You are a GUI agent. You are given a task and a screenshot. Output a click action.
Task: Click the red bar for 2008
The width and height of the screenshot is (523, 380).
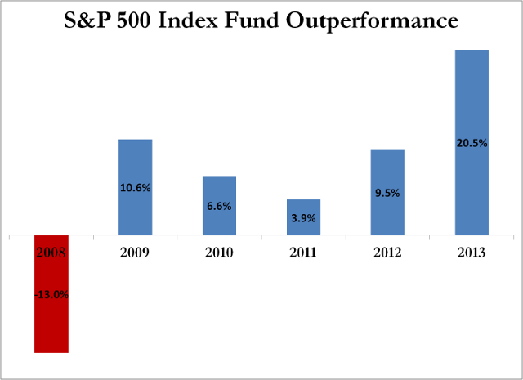point(51,327)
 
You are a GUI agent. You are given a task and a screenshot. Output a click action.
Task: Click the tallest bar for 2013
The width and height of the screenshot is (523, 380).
point(472,98)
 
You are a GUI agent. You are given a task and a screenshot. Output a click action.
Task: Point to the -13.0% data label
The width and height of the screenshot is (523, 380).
point(51,294)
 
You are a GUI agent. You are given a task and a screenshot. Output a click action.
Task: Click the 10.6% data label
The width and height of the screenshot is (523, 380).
point(136,187)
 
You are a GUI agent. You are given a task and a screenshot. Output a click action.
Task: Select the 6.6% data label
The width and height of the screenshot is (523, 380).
point(220,207)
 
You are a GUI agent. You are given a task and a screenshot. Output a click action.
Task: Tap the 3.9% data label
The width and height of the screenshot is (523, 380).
point(303,218)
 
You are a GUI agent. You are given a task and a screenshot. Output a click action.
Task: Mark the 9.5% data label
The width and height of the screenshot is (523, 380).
point(387,194)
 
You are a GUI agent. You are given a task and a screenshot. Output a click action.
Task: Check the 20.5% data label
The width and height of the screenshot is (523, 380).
point(472,143)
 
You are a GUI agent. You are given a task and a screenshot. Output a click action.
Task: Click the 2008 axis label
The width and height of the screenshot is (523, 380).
point(51,253)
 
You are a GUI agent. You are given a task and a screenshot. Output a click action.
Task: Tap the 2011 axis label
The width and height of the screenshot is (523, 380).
point(303,253)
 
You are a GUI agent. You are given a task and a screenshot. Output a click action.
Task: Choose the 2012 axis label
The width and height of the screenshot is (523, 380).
point(387,253)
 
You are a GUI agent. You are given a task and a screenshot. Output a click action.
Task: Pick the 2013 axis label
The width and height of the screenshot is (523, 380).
point(472,253)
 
